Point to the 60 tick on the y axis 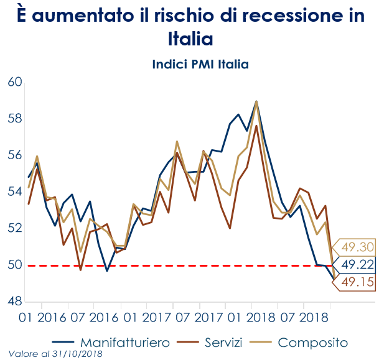point(14,82)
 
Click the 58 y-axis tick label point(14,119)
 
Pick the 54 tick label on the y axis point(14,192)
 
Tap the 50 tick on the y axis point(14,265)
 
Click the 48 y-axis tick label point(14,302)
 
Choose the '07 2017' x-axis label point(200,319)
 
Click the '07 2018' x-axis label point(304,319)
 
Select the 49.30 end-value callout point(357,247)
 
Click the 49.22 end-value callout point(357,265)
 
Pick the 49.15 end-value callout point(357,283)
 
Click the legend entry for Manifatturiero point(117,343)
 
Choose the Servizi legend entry point(217,343)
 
